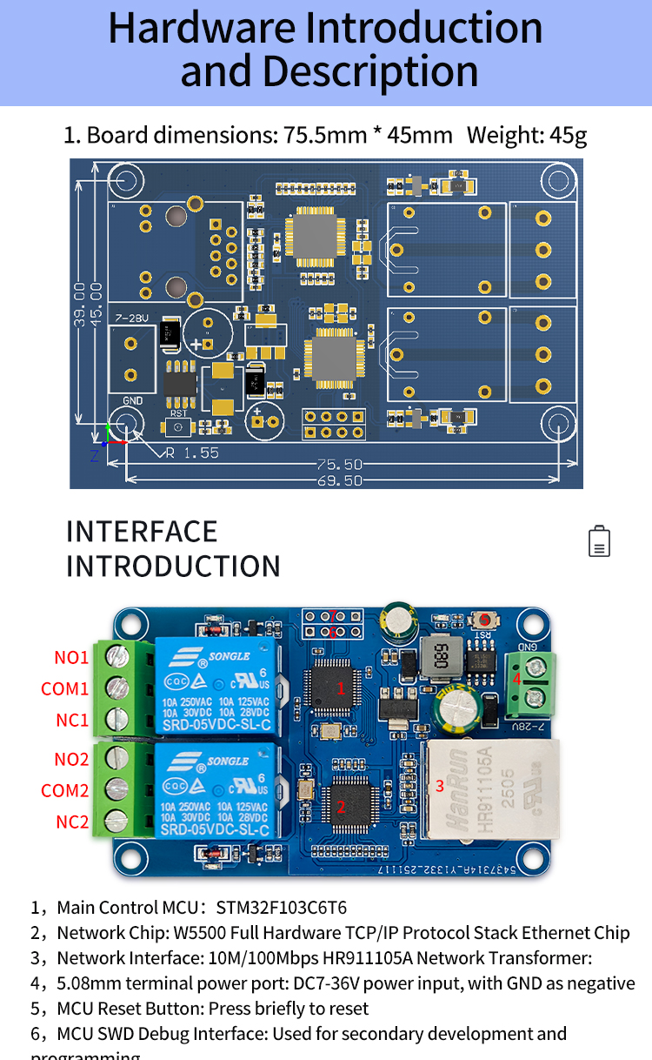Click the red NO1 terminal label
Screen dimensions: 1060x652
click(x=71, y=657)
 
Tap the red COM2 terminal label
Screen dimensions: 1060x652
click(x=65, y=790)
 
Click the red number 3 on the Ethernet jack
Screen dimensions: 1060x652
click(x=440, y=786)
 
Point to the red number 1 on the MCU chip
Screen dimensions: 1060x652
click(x=341, y=688)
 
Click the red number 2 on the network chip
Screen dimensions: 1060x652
click(x=341, y=807)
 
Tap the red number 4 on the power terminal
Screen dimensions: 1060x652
click(x=516, y=678)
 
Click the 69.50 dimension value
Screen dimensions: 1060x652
click(x=340, y=480)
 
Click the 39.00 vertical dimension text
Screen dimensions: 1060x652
click(x=80, y=304)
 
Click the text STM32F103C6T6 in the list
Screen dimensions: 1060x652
click(x=281, y=908)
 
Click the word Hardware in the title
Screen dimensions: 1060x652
click(x=201, y=28)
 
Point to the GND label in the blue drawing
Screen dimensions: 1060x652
click(x=133, y=400)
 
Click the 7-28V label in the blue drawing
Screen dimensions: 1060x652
click(x=130, y=318)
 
